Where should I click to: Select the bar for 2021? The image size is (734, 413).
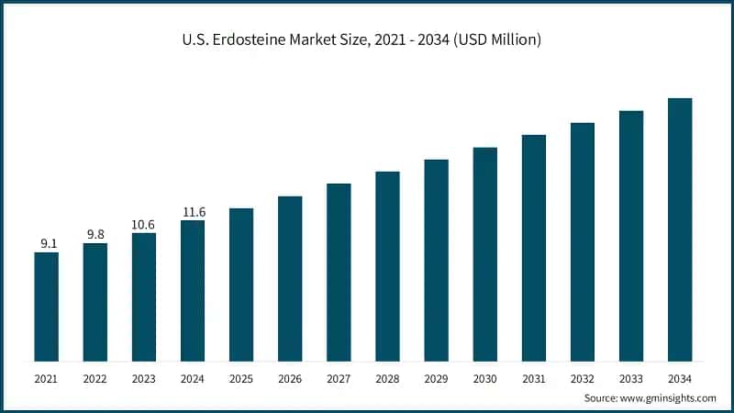coord(46,306)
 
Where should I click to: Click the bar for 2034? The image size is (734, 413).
coord(680,229)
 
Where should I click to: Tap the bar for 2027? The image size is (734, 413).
coord(339,272)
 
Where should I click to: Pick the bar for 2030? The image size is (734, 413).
coord(484,253)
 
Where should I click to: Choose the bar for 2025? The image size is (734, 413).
coord(241,284)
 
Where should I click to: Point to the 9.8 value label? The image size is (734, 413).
coord(95,234)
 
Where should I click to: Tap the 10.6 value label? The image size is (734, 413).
coord(144,224)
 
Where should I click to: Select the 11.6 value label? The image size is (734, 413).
coord(193,212)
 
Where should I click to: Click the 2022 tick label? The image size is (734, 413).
coord(95,377)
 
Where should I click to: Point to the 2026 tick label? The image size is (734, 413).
coord(290,377)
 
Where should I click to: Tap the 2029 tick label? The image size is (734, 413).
coord(436,377)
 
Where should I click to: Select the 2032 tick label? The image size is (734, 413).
coord(583,377)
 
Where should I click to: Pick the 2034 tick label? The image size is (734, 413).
coord(680,377)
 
